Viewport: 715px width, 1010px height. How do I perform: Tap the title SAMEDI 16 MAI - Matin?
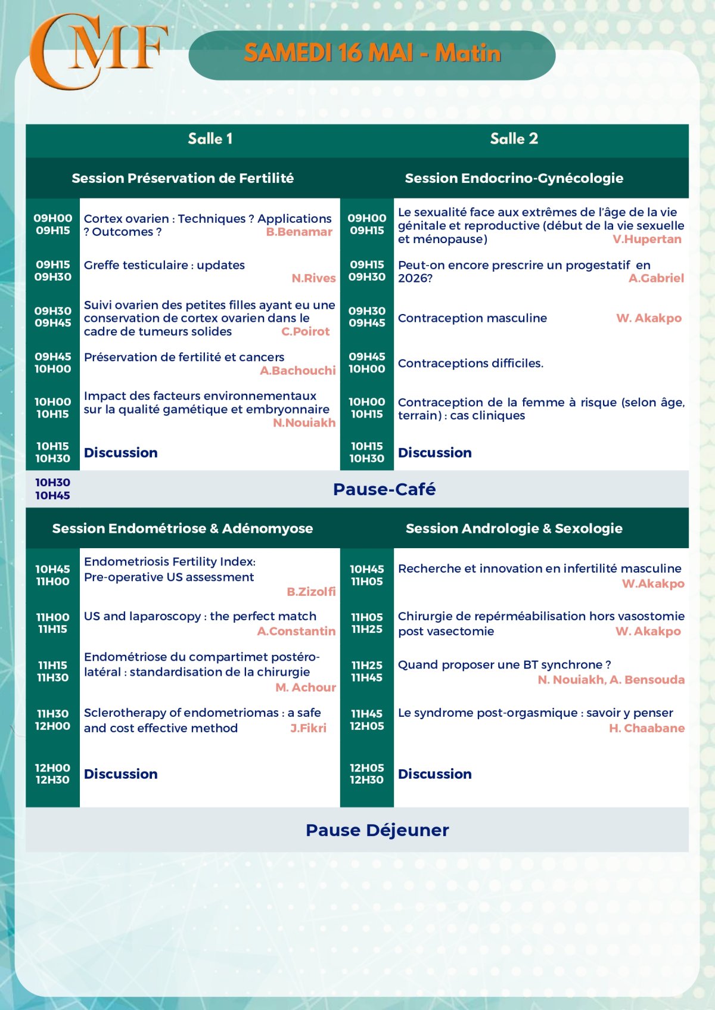(x=372, y=54)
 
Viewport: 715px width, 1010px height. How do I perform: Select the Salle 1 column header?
(x=210, y=139)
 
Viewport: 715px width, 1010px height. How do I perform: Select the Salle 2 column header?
(x=514, y=139)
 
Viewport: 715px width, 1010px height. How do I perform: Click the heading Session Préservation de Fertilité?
(x=182, y=178)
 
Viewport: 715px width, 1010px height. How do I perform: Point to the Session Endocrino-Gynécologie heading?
(x=514, y=178)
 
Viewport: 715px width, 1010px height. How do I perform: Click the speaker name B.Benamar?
(x=299, y=232)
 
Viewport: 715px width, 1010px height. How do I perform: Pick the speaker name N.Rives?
(x=313, y=278)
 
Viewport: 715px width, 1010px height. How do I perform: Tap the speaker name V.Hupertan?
(x=647, y=240)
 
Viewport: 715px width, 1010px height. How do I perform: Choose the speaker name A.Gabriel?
(x=656, y=278)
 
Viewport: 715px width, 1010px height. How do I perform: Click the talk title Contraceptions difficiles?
(x=471, y=363)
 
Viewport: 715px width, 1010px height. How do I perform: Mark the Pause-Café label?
(x=384, y=489)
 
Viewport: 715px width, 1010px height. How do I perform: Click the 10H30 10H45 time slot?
(x=52, y=489)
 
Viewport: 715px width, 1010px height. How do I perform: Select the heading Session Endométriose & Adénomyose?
(x=182, y=529)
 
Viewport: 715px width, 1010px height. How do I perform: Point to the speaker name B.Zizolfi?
(x=311, y=592)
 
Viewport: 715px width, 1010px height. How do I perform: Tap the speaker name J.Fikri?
(x=308, y=728)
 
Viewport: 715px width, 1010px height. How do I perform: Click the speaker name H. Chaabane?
(x=646, y=728)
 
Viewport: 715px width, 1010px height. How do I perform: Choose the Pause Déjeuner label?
(x=377, y=830)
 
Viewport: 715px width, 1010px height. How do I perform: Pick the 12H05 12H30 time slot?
(x=366, y=774)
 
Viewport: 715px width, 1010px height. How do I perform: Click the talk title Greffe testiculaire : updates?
(x=164, y=265)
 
